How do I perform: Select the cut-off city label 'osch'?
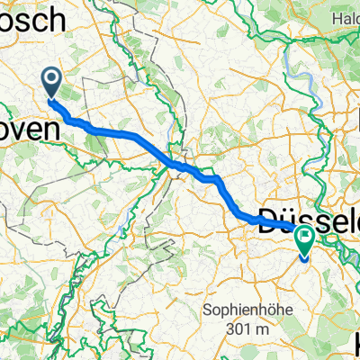[32, 18]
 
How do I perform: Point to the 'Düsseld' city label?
[309, 219]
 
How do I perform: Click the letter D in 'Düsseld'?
[267, 219]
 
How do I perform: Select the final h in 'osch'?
[57, 18]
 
